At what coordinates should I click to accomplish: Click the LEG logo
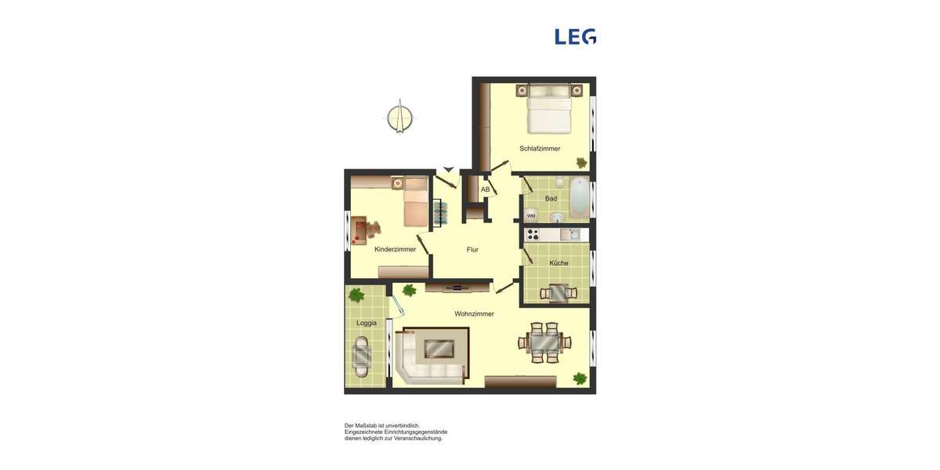[575, 37]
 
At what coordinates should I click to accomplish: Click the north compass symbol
[399, 117]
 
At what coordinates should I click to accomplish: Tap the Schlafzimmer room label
[540, 148]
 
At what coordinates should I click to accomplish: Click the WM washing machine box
[531, 215]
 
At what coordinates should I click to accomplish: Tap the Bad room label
[551, 199]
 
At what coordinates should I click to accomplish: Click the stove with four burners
[533, 234]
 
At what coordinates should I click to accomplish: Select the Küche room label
[559, 263]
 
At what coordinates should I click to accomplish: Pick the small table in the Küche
[559, 293]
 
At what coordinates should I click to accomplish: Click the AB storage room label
[485, 190]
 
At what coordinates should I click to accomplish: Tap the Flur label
[472, 250]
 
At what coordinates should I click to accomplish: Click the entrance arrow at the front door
[448, 168]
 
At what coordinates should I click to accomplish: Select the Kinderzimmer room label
[395, 249]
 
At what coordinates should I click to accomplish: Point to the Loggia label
[367, 323]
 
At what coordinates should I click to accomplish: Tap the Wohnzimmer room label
[474, 314]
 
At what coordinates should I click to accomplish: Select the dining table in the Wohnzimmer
[544, 343]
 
